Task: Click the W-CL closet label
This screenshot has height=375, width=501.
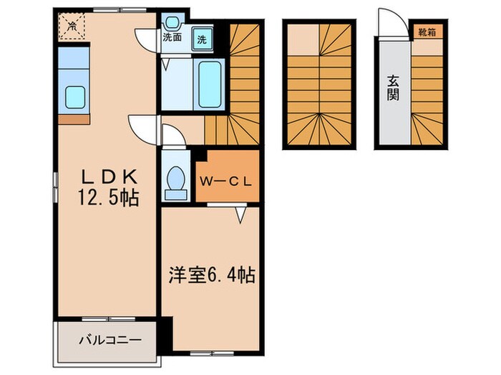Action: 225,181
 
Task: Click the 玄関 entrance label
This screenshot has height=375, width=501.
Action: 393,87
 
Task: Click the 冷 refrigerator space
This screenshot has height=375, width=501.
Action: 72,27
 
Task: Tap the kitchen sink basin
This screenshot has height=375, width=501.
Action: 74,96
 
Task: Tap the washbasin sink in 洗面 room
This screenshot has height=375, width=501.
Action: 172,21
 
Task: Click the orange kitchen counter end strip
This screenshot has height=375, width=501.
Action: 74,119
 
